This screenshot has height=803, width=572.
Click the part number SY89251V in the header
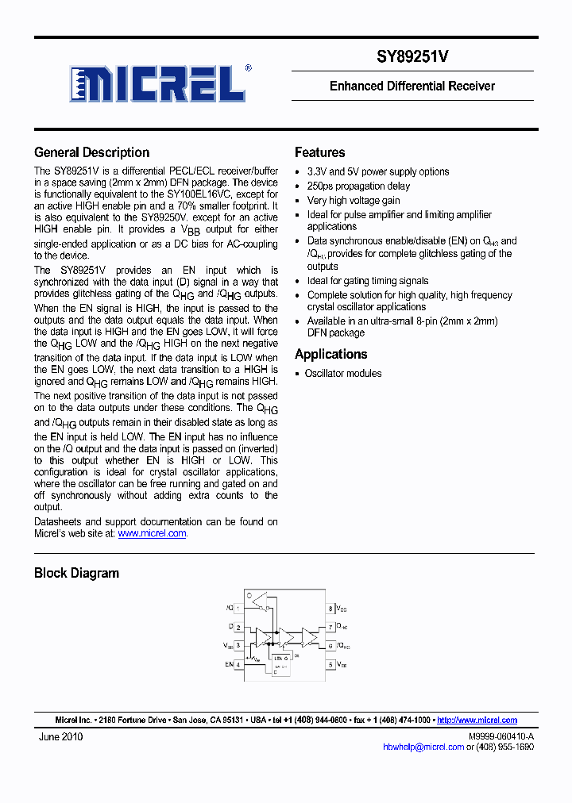click(x=412, y=56)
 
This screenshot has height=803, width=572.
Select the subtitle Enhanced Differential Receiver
click(x=412, y=86)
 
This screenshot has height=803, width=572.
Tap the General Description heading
click(x=91, y=152)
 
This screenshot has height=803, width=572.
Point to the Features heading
click(x=319, y=152)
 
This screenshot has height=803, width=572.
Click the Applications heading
click(x=330, y=354)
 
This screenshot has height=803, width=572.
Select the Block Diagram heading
click(x=76, y=573)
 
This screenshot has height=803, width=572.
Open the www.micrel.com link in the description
click(x=152, y=534)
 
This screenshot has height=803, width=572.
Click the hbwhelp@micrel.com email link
click(x=423, y=747)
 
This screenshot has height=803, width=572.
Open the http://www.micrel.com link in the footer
click(x=477, y=720)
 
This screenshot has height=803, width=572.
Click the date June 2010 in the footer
click(x=60, y=736)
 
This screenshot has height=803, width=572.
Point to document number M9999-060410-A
click(x=500, y=736)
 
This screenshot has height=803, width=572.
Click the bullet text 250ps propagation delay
click(x=358, y=186)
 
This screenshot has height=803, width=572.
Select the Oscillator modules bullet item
click(x=342, y=374)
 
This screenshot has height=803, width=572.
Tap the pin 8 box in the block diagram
click(x=330, y=609)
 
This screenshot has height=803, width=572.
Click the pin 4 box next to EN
click(x=238, y=664)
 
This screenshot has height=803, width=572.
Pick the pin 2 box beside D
click(x=238, y=627)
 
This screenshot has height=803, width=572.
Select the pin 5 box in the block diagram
click(x=330, y=664)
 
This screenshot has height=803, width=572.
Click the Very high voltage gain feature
click(x=354, y=201)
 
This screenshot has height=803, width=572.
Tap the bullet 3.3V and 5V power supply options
click(x=378, y=171)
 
